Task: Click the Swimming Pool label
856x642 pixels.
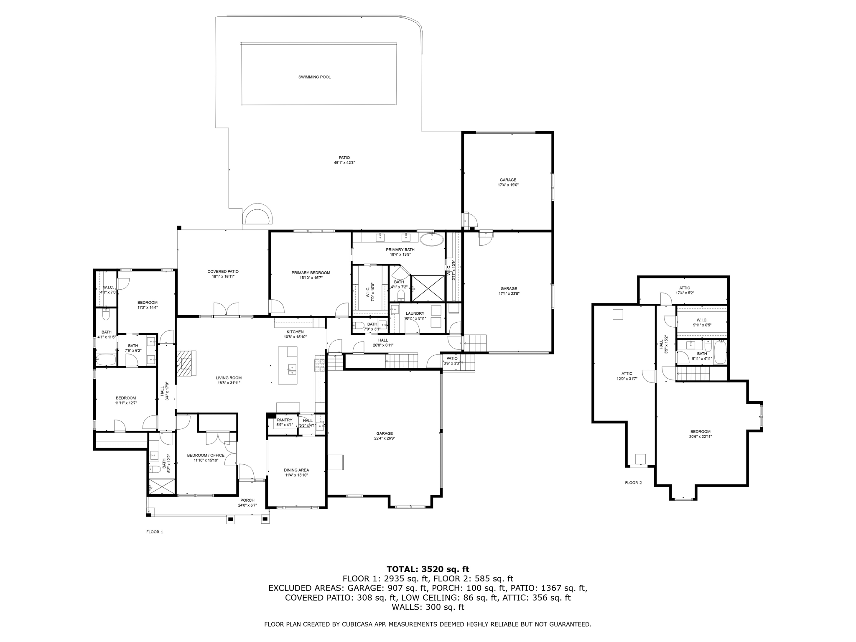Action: click(x=314, y=77)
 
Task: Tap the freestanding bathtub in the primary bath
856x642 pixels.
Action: click(x=431, y=239)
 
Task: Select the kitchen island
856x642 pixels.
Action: click(x=288, y=365)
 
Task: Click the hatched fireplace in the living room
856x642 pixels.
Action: click(x=186, y=363)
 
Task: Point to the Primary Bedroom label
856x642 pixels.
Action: click(x=311, y=273)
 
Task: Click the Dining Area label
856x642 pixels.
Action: click(x=296, y=470)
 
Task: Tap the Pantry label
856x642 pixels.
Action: click(x=285, y=420)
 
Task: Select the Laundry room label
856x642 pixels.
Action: click(x=415, y=313)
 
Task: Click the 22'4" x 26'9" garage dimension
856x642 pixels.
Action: click(x=384, y=438)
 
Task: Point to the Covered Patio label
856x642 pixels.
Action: click(x=223, y=272)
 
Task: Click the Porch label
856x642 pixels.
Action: click(x=247, y=500)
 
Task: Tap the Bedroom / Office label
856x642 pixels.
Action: click(x=206, y=455)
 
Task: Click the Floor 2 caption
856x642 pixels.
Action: click(x=633, y=483)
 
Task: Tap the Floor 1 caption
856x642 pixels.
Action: click(x=154, y=532)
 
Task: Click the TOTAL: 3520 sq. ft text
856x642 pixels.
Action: click(x=428, y=569)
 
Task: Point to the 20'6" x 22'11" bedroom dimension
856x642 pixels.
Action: click(x=700, y=436)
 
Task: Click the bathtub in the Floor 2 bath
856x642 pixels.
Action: click(x=721, y=352)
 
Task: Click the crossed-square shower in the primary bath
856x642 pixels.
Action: click(x=428, y=288)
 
